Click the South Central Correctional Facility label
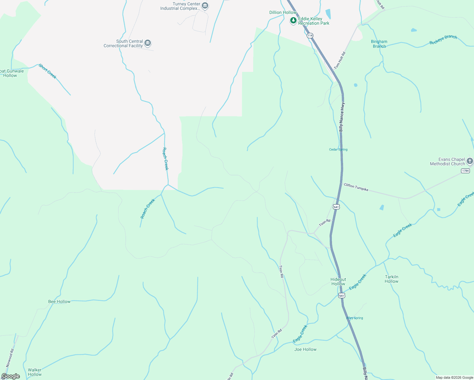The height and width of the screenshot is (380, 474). pyautogui.click(x=123, y=44)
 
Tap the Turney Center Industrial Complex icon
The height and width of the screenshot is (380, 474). pyautogui.click(x=205, y=5)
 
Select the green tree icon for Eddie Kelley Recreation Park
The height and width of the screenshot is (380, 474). pyautogui.click(x=293, y=21)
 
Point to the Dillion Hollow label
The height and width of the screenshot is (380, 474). pyautogui.click(x=283, y=13)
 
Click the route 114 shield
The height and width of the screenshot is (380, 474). pyautogui.click(x=310, y=35)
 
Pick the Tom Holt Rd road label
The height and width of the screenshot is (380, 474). pyautogui.click(x=340, y=60)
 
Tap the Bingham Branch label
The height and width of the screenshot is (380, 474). pyautogui.click(x=379, y=44)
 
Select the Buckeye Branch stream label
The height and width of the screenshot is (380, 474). pyautogui.click(x=443, y=40)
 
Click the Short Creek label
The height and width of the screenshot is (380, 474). pyautogui.click(x=48, y=71)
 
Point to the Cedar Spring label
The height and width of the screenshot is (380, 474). pyautogui.click(x=338, y=149)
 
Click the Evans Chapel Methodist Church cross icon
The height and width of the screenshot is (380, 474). pyautogui.click(x=470, y=161)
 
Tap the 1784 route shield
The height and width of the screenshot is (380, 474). pyautogui.click(x=465, y=171)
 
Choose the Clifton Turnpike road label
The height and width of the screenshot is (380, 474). pyautogui.click(x=356, y=187)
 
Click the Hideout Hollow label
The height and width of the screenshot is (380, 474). pyautogui.click(x=338, y=282)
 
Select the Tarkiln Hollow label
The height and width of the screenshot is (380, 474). pyautogui.click(x=392, y=279)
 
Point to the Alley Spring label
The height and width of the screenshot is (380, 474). pyautogui.click(x=355, y=318)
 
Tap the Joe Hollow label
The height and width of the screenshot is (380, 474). pyautogui.click(x=305, y=349)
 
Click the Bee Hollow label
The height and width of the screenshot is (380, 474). pyautogui.click(x=59, y=301)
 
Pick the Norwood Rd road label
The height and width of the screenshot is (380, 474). pyautogui.click(x=10, y=358)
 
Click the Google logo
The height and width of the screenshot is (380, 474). pyautogui.click(x=11, y=376)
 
